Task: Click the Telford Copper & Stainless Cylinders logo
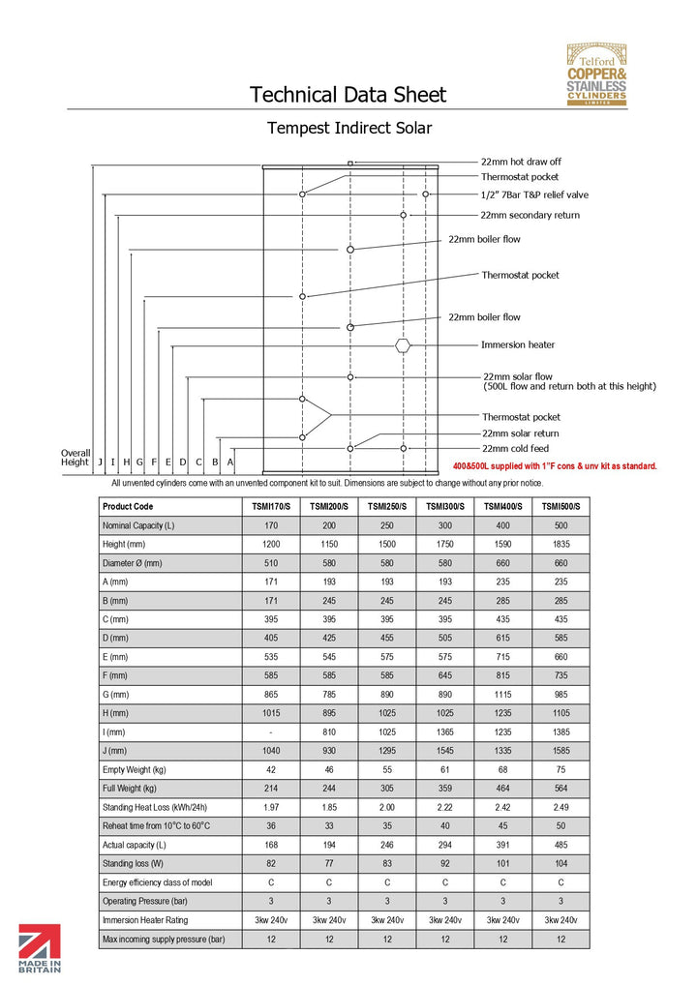[x=596, y=75]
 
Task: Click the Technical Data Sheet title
[x=348, y=95]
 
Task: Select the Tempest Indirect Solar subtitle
[x=348, y=128]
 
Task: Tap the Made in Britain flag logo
[x=40, y=948]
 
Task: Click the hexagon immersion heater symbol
[x=404, y=344]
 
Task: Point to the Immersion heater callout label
[x=518, y=344]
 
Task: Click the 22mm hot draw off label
[x=521, y=162]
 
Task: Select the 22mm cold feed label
[x=514, y=448]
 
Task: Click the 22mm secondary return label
[x=530, y=215]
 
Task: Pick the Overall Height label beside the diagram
[x=75, y=457]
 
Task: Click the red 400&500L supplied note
[x=555, y=466]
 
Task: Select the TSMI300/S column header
[x=444, y=507]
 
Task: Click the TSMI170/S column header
[x=270, y=507]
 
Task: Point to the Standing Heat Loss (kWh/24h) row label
[x=155, y=807]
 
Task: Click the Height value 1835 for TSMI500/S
[x=561, y=545]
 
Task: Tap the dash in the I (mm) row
[x=270, y=732]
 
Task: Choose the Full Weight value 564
[x=561, y=789]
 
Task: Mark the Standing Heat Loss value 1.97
[x=270, y=807]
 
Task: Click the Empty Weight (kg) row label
[x=135, y=770]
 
